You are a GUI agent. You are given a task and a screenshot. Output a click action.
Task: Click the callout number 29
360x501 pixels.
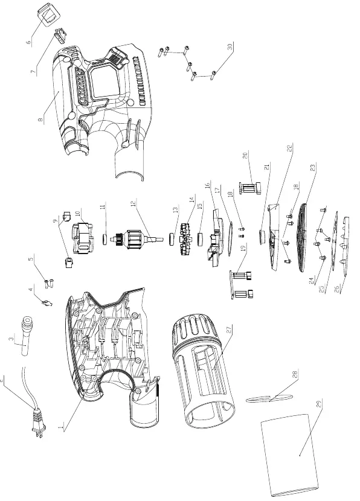click(319, 403)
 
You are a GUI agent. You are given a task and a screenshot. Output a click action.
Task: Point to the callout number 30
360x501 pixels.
click(230, 46)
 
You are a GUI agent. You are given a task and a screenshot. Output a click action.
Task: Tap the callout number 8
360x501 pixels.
click(40, 120)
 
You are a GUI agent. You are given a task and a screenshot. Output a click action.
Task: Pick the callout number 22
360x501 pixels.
click(290, 148)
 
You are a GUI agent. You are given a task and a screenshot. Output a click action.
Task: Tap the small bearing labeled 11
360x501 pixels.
click(104, 238)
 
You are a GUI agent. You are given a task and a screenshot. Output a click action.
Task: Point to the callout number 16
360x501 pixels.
click(207, 185)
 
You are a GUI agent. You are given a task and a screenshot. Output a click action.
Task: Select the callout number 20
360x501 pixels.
click(245, 156)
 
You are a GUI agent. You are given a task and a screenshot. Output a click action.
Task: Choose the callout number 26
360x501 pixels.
click(336, 290)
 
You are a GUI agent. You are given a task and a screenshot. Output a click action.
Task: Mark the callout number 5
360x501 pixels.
click(31, 258)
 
